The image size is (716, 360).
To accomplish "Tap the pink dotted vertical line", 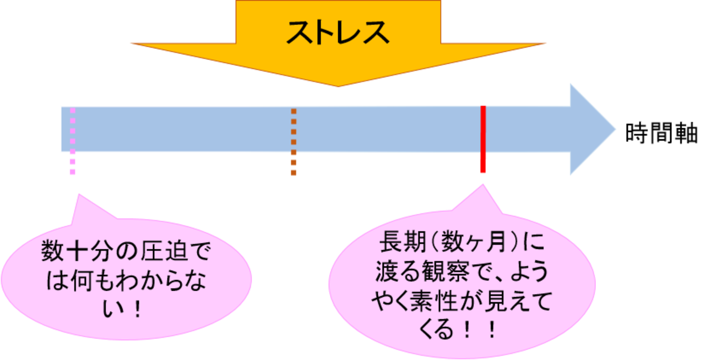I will click(73, 140).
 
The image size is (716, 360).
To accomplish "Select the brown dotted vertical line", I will click(294, 140).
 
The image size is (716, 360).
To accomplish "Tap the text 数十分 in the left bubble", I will click(74, 254).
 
